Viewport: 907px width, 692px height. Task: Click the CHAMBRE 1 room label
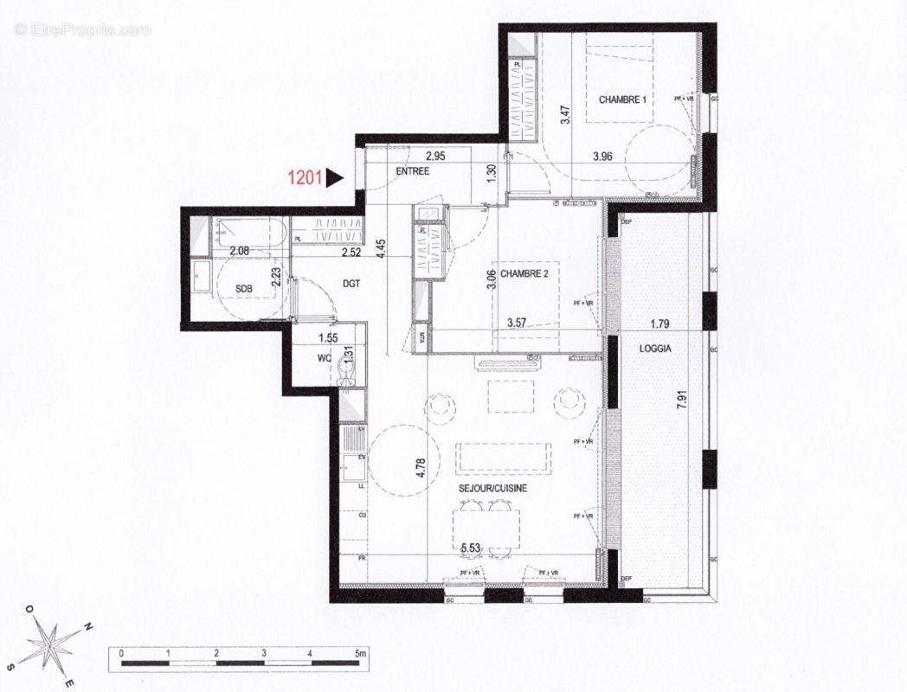click(623, 99)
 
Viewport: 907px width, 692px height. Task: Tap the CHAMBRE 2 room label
click(523, 272)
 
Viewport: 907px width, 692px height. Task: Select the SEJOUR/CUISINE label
click(493, 488)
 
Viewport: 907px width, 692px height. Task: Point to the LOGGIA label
click(656, 349)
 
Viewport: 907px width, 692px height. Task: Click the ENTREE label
click(413, 171)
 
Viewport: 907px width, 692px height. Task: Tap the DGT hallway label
click(351, 283)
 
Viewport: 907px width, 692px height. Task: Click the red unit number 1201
click(305, 178)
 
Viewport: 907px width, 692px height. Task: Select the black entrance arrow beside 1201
click(335, 178)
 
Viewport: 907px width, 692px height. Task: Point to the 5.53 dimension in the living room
click(471, 548)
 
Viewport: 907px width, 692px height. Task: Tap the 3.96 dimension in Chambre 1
click(603, 157)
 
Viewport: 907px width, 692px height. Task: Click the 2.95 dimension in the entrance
click(434, 157)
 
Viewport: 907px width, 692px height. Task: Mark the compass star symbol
click(52, 645)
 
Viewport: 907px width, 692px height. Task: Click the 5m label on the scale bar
click(358, 653)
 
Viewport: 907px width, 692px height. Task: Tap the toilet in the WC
click(346, 371)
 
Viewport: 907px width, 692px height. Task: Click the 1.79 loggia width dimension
click(662, 325)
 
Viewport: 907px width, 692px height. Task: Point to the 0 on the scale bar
click(121, 653)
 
